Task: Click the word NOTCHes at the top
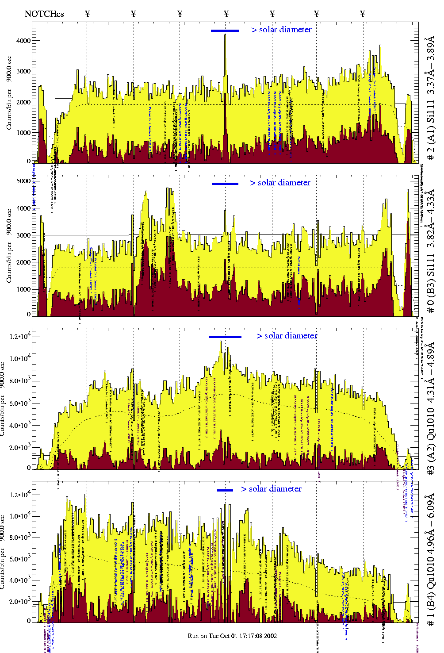tap(44, 14)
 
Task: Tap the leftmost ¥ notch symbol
tap(87, 14)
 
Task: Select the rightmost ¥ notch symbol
tap(363, 14)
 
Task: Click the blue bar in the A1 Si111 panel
tap(225, 31)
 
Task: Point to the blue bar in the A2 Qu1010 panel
tap(225, 337)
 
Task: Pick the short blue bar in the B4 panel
tap(225, 490)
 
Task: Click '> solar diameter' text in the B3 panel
tap(280, 183)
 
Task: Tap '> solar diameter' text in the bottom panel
tap(271, 489)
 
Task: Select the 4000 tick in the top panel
tap(23, 41)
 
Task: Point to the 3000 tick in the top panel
tap(23, 71)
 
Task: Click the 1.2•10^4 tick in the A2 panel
tap(19, 337)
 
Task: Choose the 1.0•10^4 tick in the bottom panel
tap(19, 516)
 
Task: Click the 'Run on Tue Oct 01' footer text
tap(232, 636)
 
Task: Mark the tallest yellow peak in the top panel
tap(225, 35)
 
